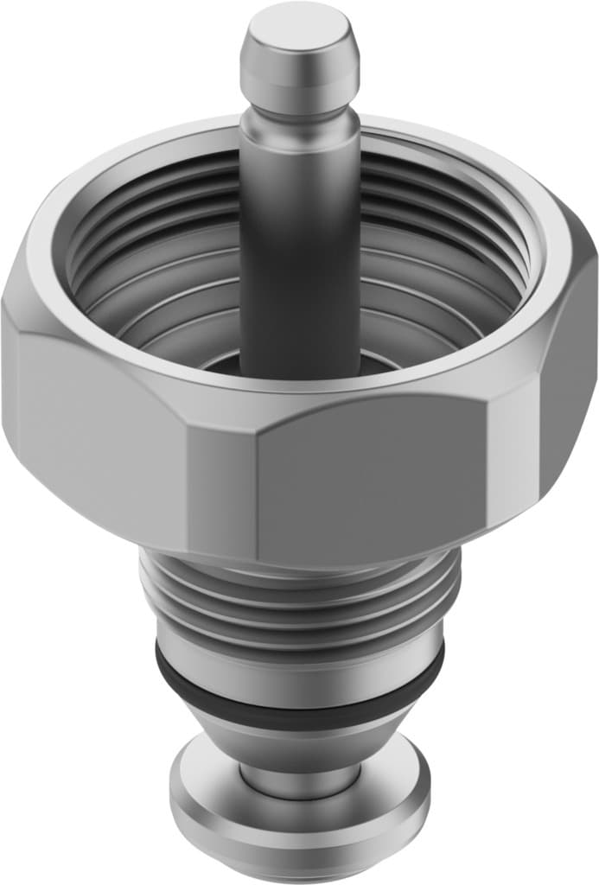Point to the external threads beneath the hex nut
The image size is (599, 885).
coord(299,596)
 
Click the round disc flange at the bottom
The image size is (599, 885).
coord(299,830)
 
